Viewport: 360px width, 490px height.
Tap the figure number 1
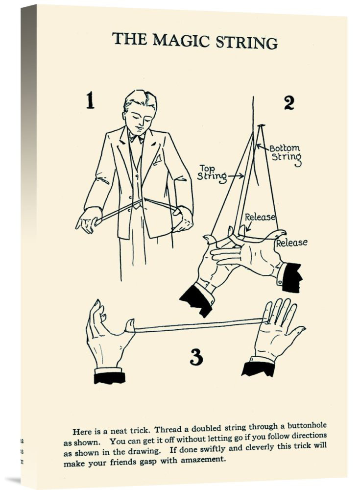(90, 100)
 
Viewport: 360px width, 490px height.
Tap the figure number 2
(289, 102)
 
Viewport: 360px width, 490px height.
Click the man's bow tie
(137, 138)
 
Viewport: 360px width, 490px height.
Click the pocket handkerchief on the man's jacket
(157, 159)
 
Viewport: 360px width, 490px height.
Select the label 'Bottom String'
(286, 153)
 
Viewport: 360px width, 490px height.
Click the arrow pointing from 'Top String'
(236, 176)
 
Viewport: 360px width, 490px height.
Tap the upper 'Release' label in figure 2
(260, 217)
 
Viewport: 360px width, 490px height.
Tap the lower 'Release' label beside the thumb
(291, 243)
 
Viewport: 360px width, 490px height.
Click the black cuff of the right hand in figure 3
(258, 369)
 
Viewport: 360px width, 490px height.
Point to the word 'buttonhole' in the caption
(307, 426)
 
